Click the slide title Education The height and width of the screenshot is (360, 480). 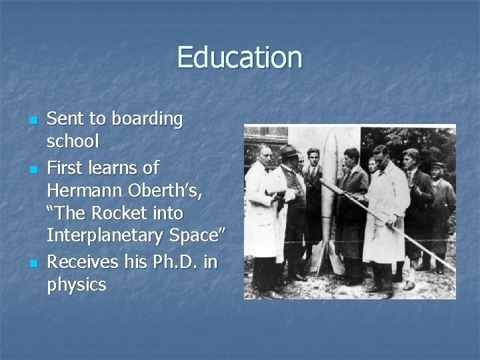tap(239, 57)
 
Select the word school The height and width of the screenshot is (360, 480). tap(73, 141)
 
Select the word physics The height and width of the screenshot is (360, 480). tap(77, 285)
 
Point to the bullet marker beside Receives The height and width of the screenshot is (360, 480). tap(32, 263)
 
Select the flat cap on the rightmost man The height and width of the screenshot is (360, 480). tap(436, 165)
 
